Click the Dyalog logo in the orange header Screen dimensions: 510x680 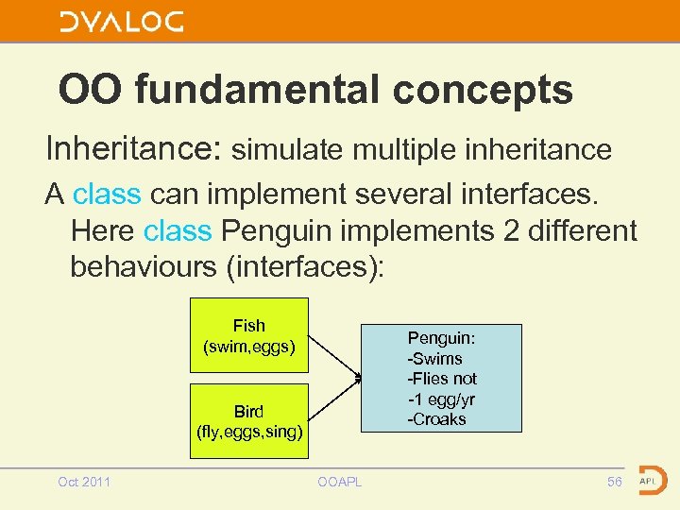121,22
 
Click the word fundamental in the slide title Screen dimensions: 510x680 260,91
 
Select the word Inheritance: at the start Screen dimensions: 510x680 133,148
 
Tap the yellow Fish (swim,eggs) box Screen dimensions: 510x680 249,336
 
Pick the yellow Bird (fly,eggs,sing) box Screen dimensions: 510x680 249,421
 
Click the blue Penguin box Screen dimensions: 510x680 441,378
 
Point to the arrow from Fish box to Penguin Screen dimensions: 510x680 335,356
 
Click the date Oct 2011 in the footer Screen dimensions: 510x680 84,482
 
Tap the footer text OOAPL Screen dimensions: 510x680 339,482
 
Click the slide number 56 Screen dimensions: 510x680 614,482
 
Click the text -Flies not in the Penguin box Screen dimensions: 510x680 442,379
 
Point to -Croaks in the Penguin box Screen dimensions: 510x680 436,419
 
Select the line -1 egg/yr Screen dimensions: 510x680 440,399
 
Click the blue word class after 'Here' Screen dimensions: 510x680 178,230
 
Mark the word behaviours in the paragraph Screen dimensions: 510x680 143,266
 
